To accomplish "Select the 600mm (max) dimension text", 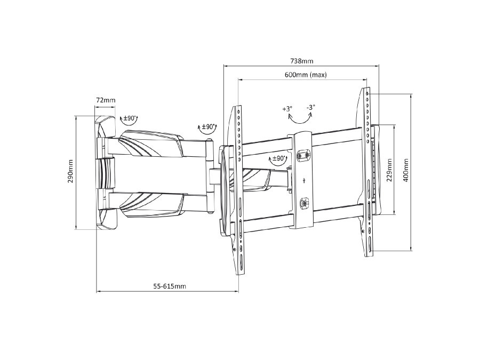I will pos(305,75).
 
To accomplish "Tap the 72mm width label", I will pos(106,100).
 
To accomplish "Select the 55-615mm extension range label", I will pos(170,286).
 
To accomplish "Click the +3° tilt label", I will pos(287,109).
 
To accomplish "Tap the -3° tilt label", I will pos(311,108).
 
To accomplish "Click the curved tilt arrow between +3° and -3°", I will pos(300,119).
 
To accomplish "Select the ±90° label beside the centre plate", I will pos(278,158).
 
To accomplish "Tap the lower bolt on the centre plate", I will pos(304,203).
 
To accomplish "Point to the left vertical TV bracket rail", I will pos(238,189).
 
